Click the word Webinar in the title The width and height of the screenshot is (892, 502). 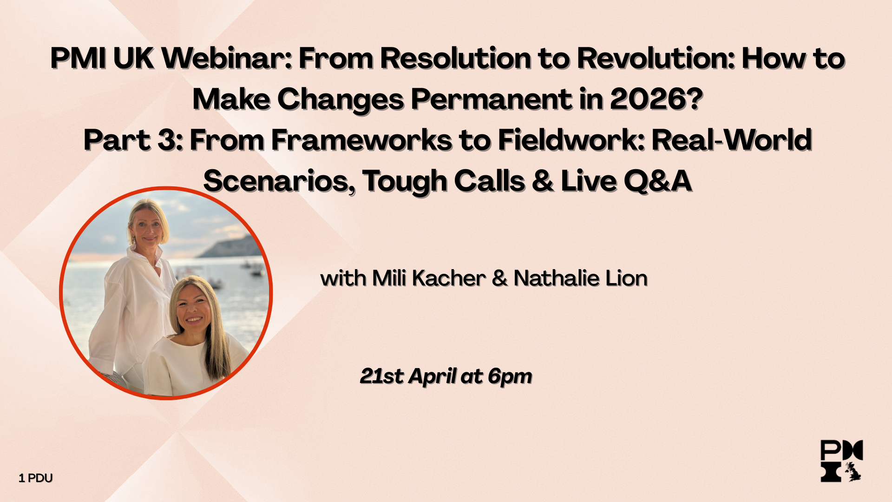228,59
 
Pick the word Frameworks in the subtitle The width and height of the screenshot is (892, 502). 361,140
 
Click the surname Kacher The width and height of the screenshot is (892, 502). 449,278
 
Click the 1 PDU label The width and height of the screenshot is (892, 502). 36,478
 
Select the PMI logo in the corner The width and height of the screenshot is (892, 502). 841,461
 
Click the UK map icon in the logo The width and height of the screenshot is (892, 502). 853,471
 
